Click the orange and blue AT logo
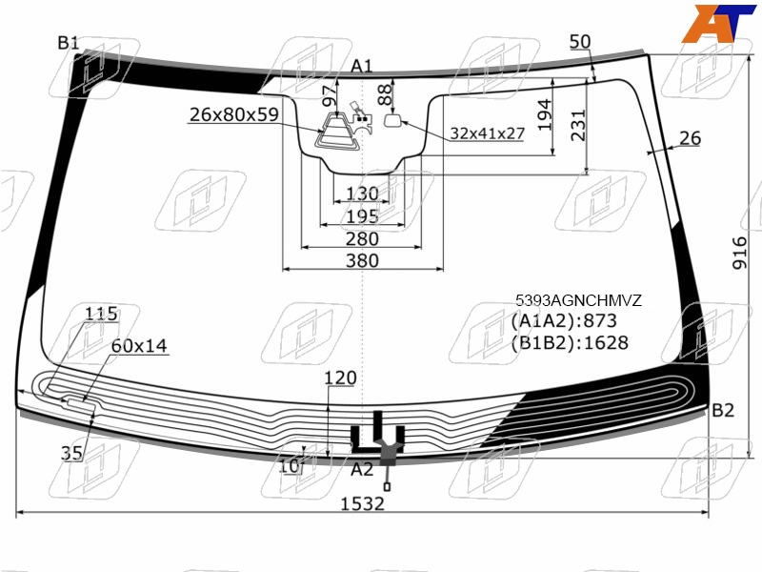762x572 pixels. coord(718,23)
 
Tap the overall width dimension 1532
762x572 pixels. coord(362,504)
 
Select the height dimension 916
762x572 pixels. coord(739,253)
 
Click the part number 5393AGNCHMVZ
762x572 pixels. coord(578,300)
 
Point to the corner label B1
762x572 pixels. coord(68,43)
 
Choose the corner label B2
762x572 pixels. coord(723,411)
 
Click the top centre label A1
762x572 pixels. coord(361,66)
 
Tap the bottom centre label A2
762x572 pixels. coord(362,469)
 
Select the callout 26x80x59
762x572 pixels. coord(233,114)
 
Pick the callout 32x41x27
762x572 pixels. coord(487,133)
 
